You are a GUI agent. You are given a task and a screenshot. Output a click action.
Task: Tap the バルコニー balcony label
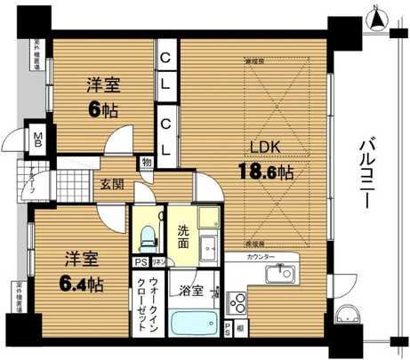pos(366,173)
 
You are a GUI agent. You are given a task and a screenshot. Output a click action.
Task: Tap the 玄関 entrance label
pos(112,185)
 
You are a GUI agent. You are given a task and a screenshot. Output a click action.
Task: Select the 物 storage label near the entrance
pos(144,163)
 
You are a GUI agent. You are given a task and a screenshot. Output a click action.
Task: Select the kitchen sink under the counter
pos(281,271)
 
